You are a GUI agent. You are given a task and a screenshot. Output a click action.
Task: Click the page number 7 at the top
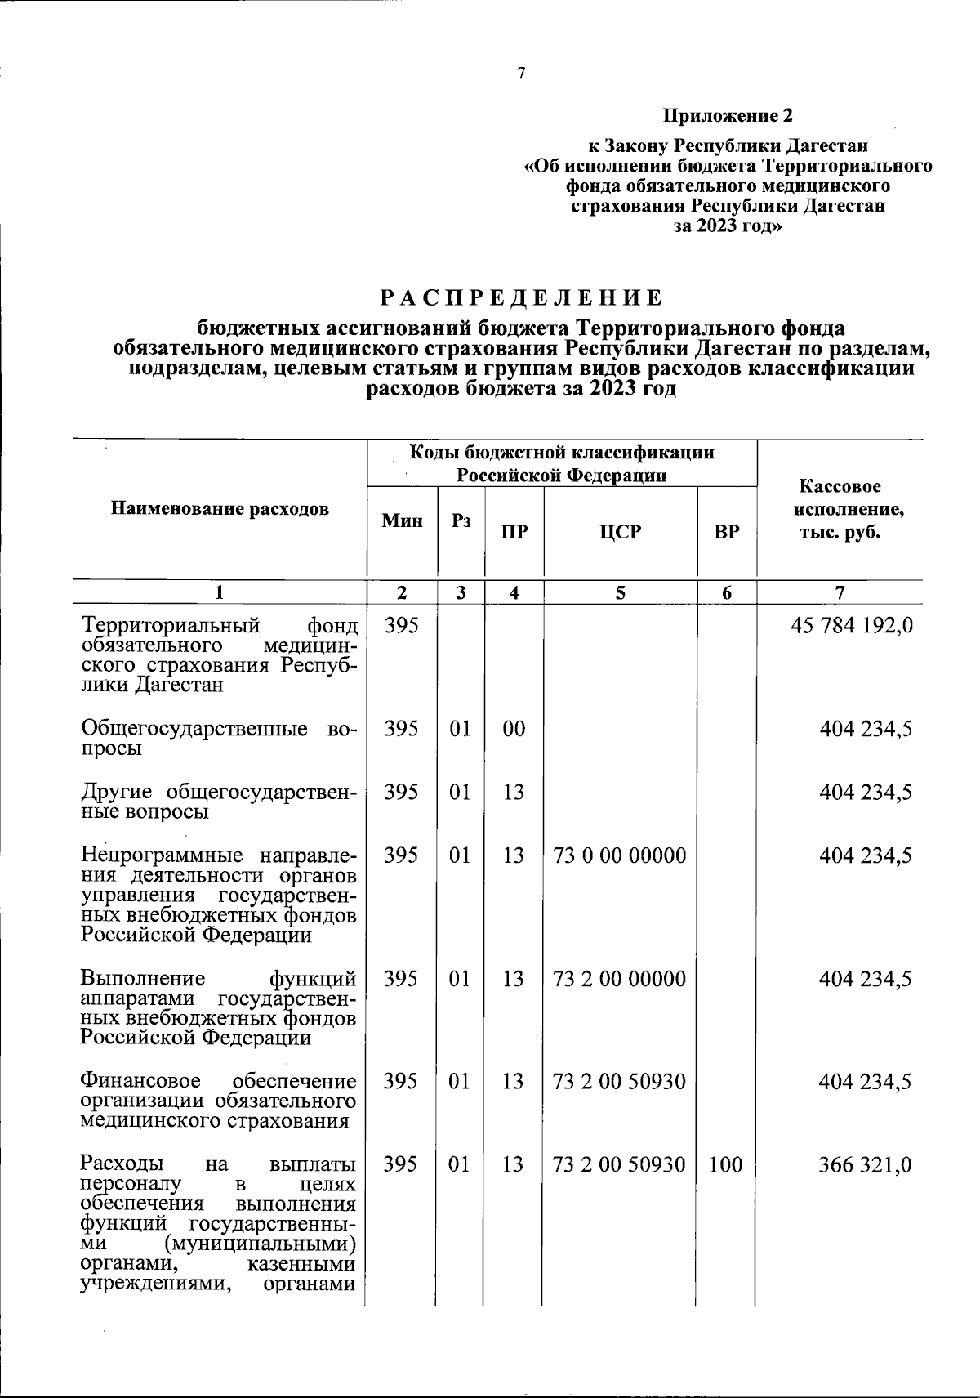pos(521,74)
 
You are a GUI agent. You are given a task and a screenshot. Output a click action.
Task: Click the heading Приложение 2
pos(728,115)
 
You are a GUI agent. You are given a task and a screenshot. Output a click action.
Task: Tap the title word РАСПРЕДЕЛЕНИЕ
pos(521,297)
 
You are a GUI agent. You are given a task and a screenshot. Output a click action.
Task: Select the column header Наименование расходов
pos(220,509)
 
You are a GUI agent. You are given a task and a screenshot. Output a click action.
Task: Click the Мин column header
pos(402,520)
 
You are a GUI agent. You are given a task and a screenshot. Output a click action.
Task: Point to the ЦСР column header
pos(620,532)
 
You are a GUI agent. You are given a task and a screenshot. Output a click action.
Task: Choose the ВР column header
pos(726,532)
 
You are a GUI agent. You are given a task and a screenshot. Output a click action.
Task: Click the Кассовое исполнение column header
pos(840,509)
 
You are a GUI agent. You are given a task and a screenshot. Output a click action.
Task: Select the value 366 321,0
pos(865,1164)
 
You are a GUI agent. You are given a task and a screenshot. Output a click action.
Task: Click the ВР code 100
pos(725,1164)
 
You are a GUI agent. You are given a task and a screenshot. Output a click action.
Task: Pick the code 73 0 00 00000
pos(619,855)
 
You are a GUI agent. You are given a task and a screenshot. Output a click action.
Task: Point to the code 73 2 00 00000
pos(619,979)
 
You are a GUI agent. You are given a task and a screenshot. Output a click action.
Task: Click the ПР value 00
pos(514,729)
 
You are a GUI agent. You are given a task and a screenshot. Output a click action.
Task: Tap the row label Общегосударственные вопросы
pos(219,738)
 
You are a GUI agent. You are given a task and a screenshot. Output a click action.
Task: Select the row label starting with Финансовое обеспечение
pos(219,1101)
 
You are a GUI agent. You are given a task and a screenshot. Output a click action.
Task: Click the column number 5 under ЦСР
pos(620,593)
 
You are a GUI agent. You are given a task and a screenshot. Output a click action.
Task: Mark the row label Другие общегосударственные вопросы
pos(219,802)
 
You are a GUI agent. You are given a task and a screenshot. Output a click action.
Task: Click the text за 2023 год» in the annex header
pos(727,226)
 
